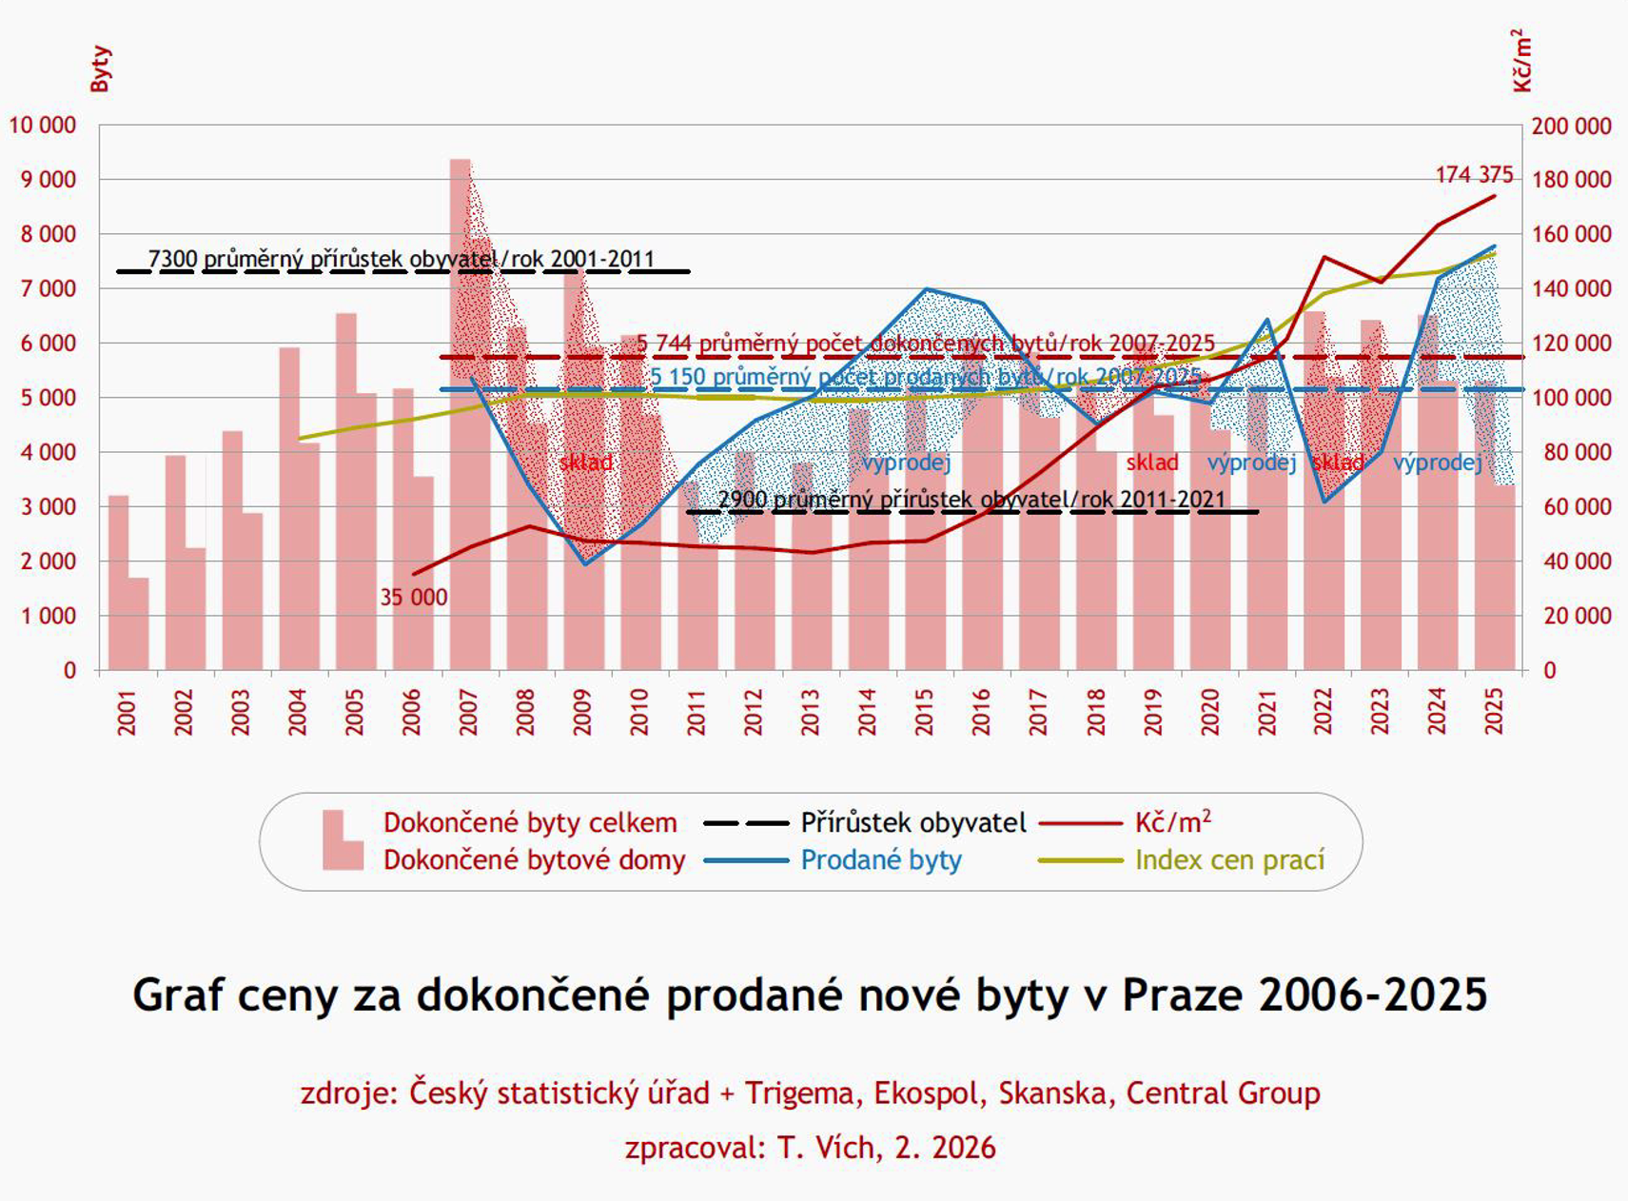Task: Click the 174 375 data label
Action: (x=1473, y=175)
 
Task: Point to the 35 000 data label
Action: (x=413, y=598)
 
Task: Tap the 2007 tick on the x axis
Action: (x=468, y=712)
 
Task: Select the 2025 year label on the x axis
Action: (x=1494, y=712)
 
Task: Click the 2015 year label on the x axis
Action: (x=924, y=712)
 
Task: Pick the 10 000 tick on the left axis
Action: (x=43, y=126)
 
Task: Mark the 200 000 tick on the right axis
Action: (x=1571, y=126)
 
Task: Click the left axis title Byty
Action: (x=101, y=69)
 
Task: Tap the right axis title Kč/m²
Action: (x=1521, y=61)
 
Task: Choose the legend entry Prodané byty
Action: (x=880, y=860)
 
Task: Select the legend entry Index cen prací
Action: (x=1229, y=860)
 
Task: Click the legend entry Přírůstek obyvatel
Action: (x=912, y=822)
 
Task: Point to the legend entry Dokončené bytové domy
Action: (x=534, y=860)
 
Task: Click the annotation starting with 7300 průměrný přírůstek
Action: (x=401, y=259)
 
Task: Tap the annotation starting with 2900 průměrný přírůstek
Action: (x=971, y=500)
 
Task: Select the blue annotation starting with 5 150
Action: (x=924, y=377)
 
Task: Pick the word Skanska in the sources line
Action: (x=1053, y=1093)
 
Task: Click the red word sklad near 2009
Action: (x=585, y=463)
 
